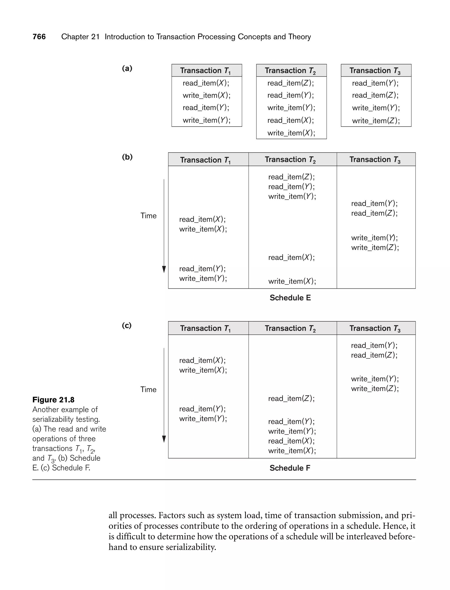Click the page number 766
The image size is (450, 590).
click(x=39, y=37)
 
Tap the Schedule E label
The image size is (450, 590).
click(x=290, y=298)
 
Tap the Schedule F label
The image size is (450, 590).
click(x=290, y=468)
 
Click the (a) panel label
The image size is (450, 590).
click(x=127, y=68)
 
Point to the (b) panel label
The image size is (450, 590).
click(x=127, y=157)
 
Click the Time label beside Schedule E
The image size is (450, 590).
click(x=148, y=216)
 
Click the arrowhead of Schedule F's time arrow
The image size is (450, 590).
click(x=164, y=439)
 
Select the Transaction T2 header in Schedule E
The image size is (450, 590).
click(x=290, y=160)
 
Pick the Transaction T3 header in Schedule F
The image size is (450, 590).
click(x=375, y=328)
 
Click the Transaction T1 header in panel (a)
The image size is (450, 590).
click(x=205, y=71)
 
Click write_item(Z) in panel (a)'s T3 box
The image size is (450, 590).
click(x=376, y=121)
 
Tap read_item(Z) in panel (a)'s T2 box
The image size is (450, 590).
click(x=291, y=83)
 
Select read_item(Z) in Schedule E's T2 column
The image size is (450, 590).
click(x=291, y=177)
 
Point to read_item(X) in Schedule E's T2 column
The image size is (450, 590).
click(x=291, y=257)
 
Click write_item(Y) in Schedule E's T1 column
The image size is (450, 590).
click(x=203, y=278)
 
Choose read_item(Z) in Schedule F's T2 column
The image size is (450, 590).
click(x=291, y=398)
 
